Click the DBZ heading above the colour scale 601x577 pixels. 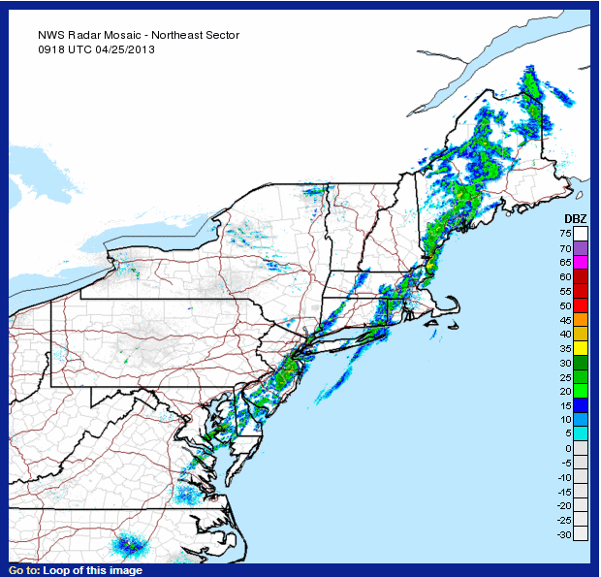(575, 218)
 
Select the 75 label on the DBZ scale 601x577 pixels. (563, 234)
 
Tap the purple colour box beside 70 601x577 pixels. (581, 248)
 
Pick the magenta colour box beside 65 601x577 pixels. (581, 262)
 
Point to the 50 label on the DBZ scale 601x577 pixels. (563, 305)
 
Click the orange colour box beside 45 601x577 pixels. (581, 319)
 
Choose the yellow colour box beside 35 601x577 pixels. (581, 347)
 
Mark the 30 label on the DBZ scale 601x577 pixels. (563, 363)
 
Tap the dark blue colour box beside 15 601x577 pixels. (581, 404)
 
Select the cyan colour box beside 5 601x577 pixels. (581, 433)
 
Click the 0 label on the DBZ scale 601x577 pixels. (566, 448)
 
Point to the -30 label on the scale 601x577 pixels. (561, 534)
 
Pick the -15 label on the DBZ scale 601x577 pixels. (561, 492)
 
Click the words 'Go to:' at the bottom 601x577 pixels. (24, 570)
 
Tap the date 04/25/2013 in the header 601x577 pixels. (125, 48)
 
